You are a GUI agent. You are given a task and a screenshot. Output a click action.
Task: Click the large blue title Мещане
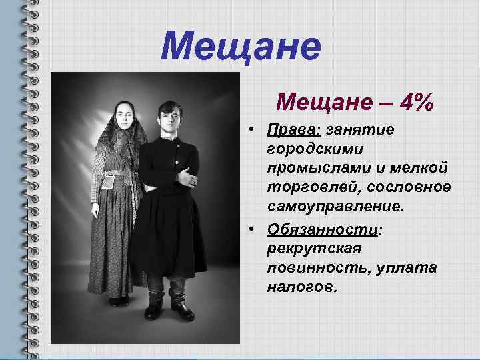[x=241, y=47]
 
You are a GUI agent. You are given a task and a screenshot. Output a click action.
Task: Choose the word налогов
[x=303, y=287]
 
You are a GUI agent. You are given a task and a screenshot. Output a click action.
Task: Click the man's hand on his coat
[x=192, y=179]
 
